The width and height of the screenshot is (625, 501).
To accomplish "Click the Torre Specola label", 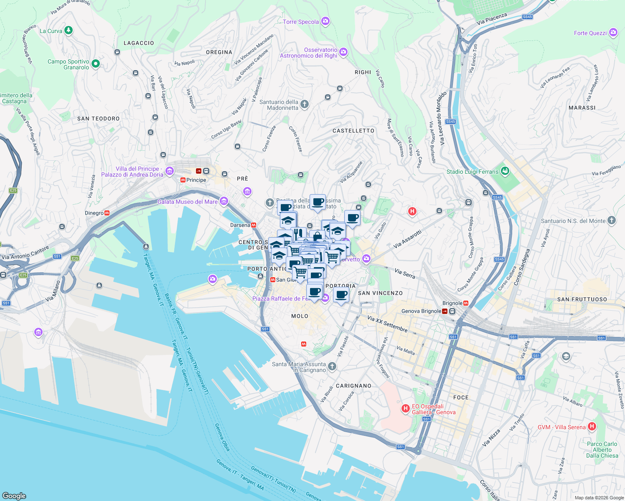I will [301, 22].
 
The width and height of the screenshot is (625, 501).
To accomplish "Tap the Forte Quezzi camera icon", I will [613, 33].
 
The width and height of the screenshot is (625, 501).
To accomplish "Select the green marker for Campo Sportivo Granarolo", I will [96, 63].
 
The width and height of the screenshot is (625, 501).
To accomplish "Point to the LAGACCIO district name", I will [139, 43].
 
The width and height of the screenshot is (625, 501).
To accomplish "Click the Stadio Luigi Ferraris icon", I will [505, 171].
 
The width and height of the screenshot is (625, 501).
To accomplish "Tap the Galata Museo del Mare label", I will [188, 202].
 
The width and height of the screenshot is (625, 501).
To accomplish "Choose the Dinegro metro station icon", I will [107, 213].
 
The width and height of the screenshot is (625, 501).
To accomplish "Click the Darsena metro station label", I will [240, 225].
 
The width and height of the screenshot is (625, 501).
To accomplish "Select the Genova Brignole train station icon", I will [445, 311].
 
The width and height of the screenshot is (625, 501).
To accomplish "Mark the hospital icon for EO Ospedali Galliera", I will [405, 408].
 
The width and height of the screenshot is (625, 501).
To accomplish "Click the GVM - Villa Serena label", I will [561, 427].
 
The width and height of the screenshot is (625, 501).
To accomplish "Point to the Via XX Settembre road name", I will [387, 324].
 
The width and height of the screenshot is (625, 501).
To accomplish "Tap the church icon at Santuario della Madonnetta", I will [305, 104].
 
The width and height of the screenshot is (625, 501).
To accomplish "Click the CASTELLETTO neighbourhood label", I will [353, 131].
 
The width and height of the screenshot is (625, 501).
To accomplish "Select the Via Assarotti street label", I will [407, 239].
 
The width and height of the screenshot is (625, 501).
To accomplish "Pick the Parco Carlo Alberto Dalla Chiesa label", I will [602, 450].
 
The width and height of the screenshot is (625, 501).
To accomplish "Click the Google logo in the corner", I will [14, 496].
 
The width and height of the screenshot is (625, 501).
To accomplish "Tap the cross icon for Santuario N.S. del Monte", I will [612, 220].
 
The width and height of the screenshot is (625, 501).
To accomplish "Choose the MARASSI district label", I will [582, 108].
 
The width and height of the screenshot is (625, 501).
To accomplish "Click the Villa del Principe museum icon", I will [170, 171].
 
